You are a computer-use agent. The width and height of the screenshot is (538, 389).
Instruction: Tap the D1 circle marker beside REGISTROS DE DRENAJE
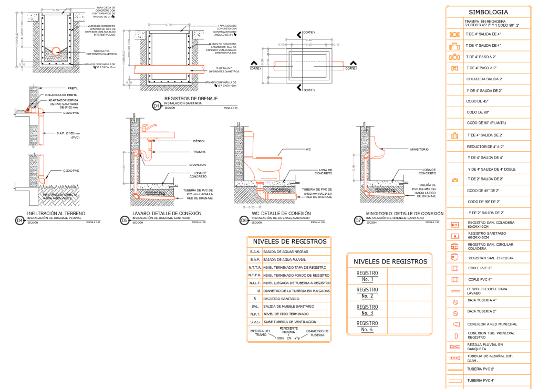156,106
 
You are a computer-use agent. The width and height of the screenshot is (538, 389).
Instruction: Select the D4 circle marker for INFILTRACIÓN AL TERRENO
20,220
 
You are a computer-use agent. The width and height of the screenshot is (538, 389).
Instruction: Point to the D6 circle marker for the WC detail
244,220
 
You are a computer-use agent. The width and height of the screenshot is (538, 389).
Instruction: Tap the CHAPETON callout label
198,165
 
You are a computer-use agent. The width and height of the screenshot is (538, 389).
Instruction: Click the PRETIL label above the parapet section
73,88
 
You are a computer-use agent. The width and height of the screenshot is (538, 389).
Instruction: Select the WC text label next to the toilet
308,149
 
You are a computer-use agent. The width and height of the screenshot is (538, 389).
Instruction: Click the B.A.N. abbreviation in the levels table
254,252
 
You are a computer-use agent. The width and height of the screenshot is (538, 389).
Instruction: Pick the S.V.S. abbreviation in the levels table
254,321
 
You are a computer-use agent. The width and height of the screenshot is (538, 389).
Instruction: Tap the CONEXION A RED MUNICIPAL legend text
492,324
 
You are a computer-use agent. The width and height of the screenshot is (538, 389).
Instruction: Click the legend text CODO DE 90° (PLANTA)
486,123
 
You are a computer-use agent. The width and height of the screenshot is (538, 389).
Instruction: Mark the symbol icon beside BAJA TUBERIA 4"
455,302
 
